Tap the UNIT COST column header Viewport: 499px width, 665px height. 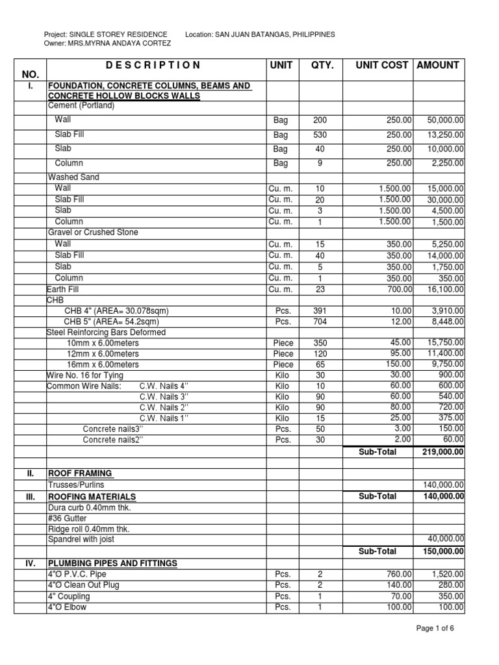pyautogui.click(x=382, y=65)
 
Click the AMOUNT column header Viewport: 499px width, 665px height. pyautogui.click(x=439, y=65)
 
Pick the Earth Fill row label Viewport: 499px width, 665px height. pyautogui.click(x=62, y=290)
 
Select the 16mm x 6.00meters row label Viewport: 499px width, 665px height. pyautogui.click(x=103, y=365)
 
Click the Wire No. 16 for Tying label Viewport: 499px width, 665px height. pyautogui.click(x=84, y=375)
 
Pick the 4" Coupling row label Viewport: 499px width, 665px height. pyautogui.click(x=68, y=596)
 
